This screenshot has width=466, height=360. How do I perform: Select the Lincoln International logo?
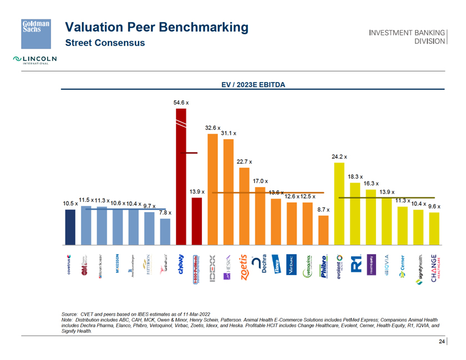[x=36, y=59]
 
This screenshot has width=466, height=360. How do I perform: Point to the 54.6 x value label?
[x=181, y=103]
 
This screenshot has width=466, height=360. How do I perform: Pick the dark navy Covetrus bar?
[x=70, y=227]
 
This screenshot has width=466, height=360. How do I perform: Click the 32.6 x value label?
[x=212, y=128]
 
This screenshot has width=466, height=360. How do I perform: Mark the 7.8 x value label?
[x=165, y=212]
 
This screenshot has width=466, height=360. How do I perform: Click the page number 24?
[x=442, y=342]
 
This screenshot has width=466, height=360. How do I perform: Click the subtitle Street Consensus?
[x=105, y=43]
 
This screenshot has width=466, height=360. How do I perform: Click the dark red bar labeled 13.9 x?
[x=196, y=221]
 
